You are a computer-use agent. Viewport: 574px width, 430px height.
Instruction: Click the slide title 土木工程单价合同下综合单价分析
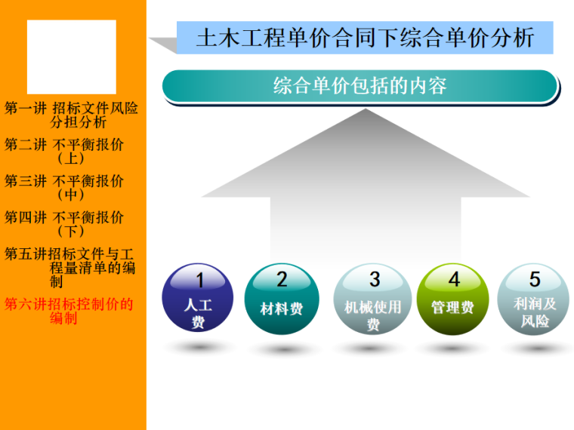365,38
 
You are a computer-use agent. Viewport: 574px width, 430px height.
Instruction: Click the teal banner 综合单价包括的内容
360,85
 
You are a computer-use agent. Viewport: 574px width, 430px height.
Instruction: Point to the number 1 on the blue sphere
199,280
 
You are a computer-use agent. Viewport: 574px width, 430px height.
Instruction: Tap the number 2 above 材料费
282,279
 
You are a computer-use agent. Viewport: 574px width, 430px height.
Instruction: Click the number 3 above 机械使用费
374,279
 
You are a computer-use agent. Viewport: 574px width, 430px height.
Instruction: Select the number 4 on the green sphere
454,279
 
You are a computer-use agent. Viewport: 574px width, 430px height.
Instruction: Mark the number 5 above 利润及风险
535,279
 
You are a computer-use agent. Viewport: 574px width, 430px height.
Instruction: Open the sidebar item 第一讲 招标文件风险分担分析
72,115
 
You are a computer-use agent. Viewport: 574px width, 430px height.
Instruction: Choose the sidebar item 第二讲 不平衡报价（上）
65,151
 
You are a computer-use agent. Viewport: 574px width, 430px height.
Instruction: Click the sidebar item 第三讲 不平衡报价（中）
65,188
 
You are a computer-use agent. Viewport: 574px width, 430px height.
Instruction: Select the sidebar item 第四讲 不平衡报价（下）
65,224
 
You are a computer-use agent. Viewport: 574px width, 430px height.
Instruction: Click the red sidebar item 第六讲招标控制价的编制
69,312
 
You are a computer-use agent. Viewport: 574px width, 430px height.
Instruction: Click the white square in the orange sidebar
71,57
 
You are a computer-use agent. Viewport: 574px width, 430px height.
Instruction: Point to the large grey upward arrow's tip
366,113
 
